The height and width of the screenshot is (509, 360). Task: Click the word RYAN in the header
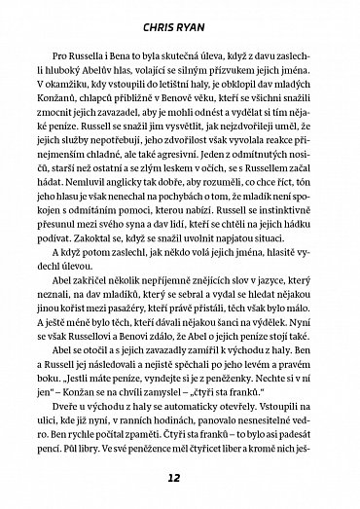198,18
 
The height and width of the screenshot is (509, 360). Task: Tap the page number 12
180,479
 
